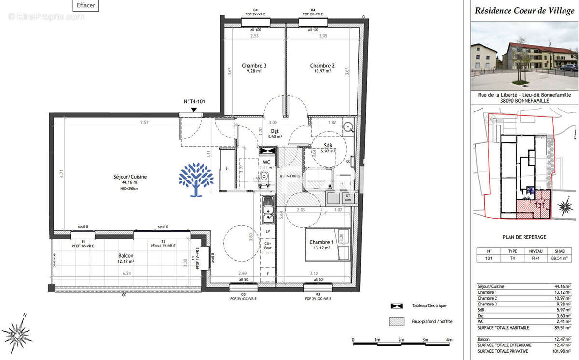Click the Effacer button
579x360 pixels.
(86, 6)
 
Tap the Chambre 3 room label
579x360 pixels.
(254, 66)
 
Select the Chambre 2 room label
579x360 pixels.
(322, 66)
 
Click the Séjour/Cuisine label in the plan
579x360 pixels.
(127, 177)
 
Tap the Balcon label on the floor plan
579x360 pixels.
(125, 256)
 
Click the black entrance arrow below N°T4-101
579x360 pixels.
(193, 110)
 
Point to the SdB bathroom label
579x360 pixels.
(328, 145)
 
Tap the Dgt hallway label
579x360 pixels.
(275, 131)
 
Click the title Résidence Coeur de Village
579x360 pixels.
(525, 10)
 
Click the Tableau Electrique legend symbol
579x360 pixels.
(397, 305)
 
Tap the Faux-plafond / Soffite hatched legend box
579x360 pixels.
(397, 321)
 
